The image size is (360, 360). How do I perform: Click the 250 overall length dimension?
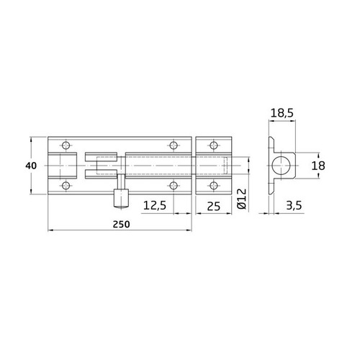pos(121,224)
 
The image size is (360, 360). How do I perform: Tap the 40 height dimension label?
pos(30,166)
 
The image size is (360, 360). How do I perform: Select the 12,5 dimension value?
pos(156,206)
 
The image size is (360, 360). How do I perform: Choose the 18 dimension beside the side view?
pos(317,166)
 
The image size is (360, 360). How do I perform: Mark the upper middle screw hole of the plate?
pos(173,144)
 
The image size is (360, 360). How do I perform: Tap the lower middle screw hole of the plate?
pos(173,186)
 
